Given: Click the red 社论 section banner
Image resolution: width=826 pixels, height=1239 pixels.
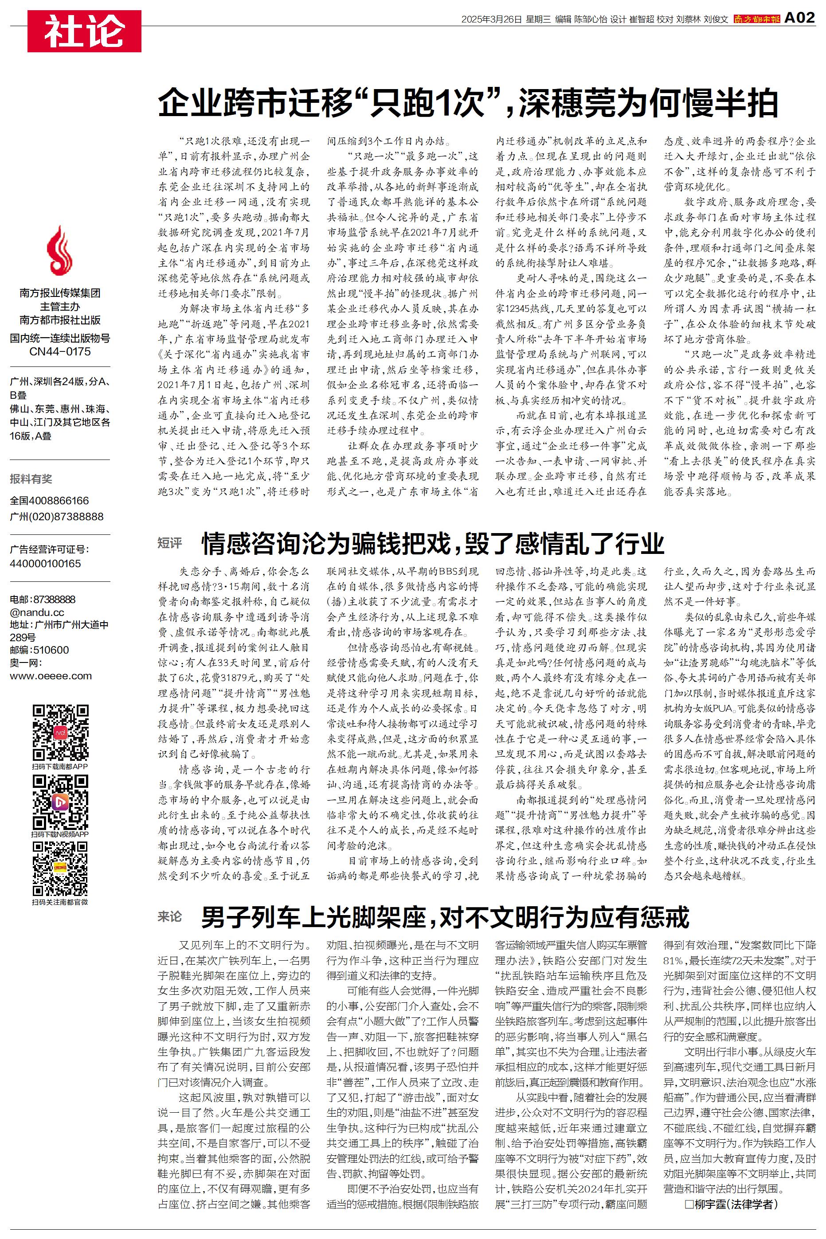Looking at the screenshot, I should tap(84, 31).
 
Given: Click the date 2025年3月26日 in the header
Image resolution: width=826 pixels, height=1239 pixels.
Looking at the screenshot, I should tap(491, 19).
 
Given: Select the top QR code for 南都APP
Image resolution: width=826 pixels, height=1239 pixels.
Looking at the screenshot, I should tap(60, 732).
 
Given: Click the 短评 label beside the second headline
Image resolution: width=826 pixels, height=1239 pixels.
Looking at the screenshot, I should tap(170, 543).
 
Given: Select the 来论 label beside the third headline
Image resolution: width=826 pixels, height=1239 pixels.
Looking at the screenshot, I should tap(170, 916).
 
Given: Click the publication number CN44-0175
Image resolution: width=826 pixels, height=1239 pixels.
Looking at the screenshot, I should tap(59, 351).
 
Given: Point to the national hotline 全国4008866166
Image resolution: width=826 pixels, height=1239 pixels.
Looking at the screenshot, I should tap(50, 501).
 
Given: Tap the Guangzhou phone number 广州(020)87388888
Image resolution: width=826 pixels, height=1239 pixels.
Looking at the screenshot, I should tap(57, 517).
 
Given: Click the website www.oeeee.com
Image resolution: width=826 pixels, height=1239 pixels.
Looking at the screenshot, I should tap(51, 676).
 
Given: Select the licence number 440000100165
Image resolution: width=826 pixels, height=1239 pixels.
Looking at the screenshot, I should tap(45, 563).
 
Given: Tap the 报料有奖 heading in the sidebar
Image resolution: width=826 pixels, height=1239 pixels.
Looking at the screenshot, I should tap(31, 479).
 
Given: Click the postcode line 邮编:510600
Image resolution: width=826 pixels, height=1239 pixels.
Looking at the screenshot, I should tap(39, 650).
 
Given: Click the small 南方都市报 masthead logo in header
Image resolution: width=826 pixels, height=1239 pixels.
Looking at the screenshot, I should tap(756, 19).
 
